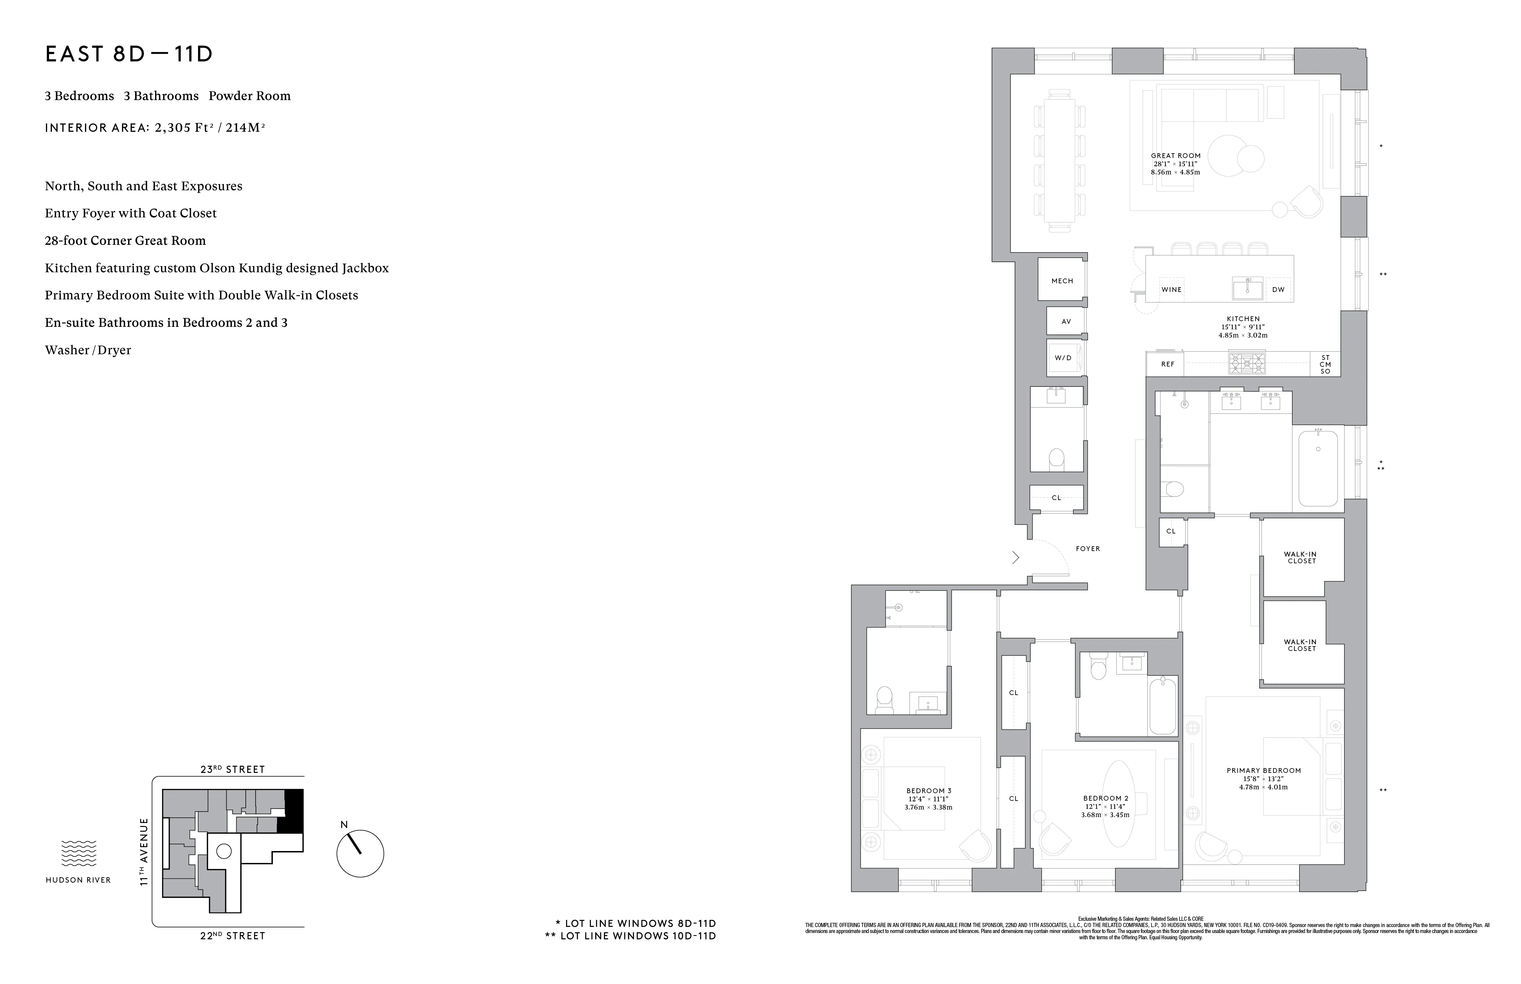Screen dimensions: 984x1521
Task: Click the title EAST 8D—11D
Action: tap(129, 54)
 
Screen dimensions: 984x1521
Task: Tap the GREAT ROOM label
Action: tap(1175, 155)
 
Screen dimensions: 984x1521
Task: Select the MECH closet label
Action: tap(1062, 281)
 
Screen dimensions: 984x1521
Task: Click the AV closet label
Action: tap(1066, 321)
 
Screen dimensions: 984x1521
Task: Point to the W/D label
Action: tap(1064, 358)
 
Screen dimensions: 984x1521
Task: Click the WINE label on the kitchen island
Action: tap(1171, 290)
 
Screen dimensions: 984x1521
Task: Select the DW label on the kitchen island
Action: tap(1278, 290)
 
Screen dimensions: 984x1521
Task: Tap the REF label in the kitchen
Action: tap(1168, 364)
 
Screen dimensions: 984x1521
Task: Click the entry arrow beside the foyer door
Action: tap(1015, 558)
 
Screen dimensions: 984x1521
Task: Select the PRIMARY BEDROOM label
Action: tap(1263, 771)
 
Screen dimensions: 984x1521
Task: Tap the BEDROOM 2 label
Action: tap(1106, 798)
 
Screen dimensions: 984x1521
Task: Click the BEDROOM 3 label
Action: tap(929, 791)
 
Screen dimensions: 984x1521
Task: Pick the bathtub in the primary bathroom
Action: tap(1318, 468)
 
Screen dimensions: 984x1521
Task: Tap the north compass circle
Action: tap(360, 854)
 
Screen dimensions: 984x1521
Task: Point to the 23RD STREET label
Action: tap(233, 769)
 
